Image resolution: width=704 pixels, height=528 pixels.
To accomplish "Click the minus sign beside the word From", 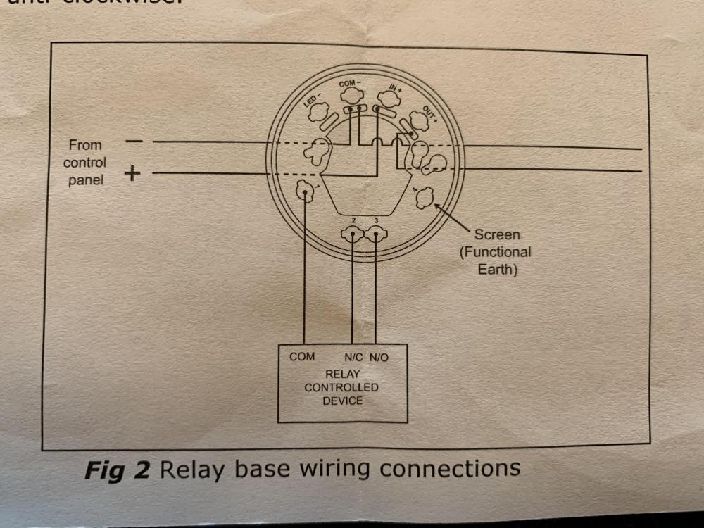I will pos(134,142).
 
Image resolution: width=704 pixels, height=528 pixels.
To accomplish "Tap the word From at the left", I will pos(85,145).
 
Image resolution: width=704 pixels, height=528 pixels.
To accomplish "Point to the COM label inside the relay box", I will pos(302,357).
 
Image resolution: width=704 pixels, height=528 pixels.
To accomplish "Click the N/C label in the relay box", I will pos(353,358).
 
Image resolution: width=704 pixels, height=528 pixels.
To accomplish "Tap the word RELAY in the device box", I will pos(341,375).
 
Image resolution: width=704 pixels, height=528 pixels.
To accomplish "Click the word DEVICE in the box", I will pos(342,401).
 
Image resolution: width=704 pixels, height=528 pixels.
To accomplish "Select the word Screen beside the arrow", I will pos(496,235).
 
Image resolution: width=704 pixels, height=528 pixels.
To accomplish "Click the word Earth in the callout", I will pos(497,269).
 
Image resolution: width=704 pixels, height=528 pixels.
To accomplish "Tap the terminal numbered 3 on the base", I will pos(377,235).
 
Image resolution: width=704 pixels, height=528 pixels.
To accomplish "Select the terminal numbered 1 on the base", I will pos(305,190).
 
